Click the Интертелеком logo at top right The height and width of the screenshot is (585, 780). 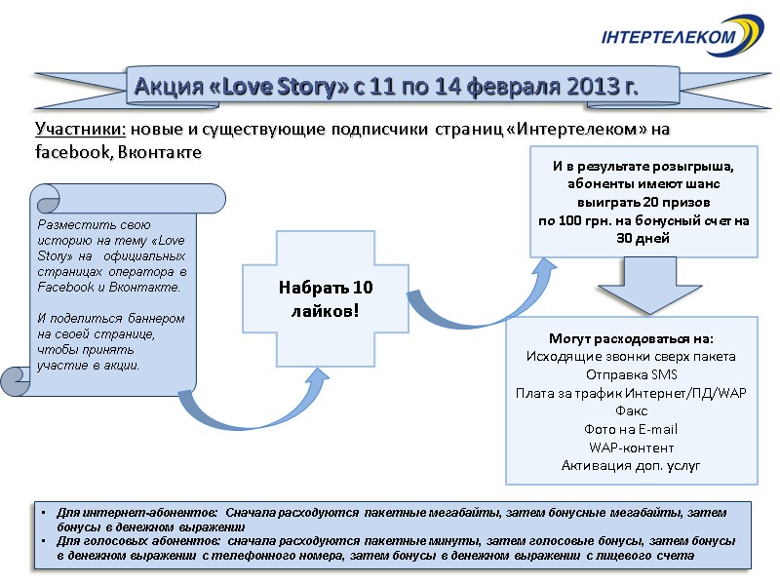[x=682, y=36]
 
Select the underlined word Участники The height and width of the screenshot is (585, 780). [x=81, y=130]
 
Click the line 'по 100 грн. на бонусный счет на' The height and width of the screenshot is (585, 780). [x=644, y=221]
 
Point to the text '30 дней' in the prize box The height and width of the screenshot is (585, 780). [x=643, y=239]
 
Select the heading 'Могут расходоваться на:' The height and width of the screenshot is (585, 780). [x=631, y=338]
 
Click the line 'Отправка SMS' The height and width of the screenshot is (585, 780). [x=631, y=374]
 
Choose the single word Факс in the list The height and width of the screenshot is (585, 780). [x=631, y=410]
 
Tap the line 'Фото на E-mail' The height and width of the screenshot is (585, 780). [x=631, y=429]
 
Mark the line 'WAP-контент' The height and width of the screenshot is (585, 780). [x=631, y=448]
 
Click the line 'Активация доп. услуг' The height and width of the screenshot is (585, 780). [x=631, y=465]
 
